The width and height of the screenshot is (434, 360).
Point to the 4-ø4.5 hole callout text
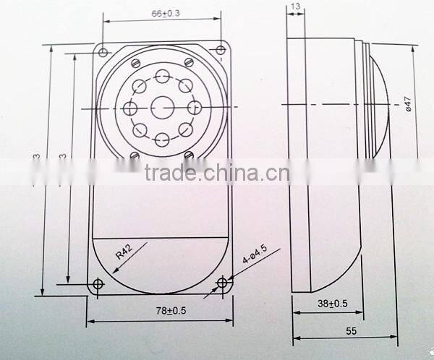(252, 260)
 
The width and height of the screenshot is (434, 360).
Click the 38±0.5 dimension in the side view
(332, 304)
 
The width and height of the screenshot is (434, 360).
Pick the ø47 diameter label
(408, 106)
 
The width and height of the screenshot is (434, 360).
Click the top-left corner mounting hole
(103, 52)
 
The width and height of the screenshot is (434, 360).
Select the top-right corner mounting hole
(220, 49)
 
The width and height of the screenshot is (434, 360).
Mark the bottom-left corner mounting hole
(98, 284)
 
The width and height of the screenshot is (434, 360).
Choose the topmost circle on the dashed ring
(161, 75)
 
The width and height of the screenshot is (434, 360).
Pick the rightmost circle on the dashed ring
(194, 107)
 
